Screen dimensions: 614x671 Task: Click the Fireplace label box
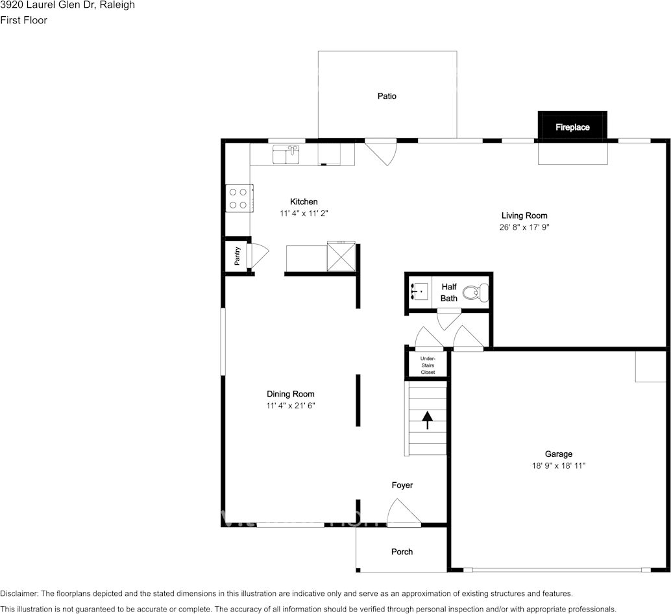click(572, 127)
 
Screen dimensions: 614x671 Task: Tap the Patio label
click(387, 96)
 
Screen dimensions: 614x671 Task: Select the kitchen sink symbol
click(286, 154)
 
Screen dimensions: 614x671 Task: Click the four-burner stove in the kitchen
click(238, 198)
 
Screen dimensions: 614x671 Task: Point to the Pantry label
click(238, 256)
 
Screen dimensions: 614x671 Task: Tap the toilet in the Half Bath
click(481, 292)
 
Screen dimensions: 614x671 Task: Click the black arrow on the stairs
click(427, 420)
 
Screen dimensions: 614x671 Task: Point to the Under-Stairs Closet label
click(428, 365)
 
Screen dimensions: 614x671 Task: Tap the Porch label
click(402, 552)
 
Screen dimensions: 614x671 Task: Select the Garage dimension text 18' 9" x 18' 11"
click(558, 465)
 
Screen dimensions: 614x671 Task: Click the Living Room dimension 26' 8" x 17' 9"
click(524, 227)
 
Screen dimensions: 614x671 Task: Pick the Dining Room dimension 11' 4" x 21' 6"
click(290, 406)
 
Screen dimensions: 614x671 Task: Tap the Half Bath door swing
click(448, 319)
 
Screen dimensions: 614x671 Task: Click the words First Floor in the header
click(23, 20)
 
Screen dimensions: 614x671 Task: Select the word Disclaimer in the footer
click(19, 593)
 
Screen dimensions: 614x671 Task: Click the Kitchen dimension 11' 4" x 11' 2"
click(304, 213)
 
